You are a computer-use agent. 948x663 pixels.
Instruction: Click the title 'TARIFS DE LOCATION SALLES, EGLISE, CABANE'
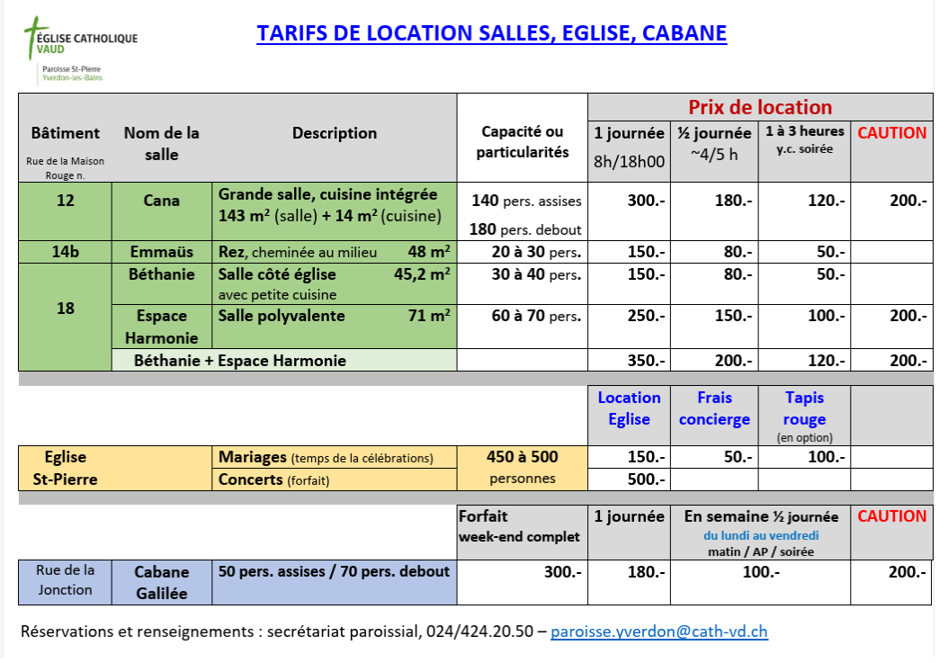491,33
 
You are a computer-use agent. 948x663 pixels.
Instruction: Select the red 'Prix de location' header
760,107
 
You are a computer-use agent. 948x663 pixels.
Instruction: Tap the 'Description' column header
335,133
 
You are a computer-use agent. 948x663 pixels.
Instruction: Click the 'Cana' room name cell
161,201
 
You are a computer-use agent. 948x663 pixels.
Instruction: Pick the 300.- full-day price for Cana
646,201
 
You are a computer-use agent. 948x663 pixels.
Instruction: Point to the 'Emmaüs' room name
161,252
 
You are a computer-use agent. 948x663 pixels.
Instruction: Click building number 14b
65,252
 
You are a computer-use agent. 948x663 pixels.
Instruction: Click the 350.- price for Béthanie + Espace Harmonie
646,361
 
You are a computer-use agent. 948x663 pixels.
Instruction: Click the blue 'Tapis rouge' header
804,408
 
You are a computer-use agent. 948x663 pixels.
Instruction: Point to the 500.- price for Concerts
647,479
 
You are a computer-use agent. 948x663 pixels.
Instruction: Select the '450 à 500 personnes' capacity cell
523,468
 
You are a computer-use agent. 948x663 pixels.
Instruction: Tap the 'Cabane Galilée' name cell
162,582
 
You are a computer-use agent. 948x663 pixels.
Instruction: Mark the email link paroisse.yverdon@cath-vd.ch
659,632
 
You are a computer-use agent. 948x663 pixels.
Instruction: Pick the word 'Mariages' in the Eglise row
252,457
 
